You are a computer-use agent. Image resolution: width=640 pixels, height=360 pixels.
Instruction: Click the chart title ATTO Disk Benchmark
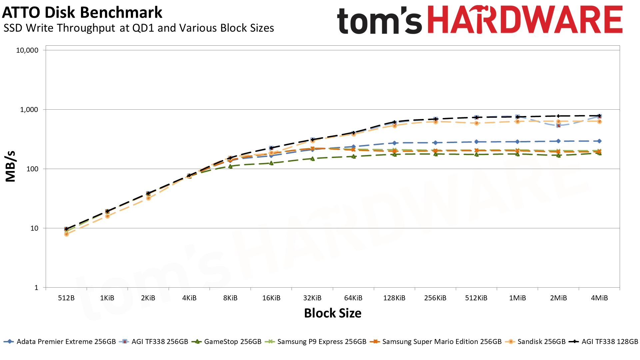coord(82,13)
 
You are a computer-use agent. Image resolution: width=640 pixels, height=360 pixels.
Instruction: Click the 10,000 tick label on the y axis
coord(27,50)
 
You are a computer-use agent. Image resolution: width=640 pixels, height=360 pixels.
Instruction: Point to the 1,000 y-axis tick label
coord(29,110)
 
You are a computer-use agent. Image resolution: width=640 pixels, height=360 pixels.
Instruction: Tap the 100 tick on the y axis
coord(32,169)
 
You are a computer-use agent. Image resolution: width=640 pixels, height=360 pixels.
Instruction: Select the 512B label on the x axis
coord(66,298)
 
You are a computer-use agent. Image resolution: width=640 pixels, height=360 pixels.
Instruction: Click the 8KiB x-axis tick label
coord(230,298)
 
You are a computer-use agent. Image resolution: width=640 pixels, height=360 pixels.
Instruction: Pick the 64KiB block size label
coord(353,298)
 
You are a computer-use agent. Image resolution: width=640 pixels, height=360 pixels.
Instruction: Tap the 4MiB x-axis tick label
coord(599,298)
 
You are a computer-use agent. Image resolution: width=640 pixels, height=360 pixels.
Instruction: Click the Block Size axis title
coord(332,313)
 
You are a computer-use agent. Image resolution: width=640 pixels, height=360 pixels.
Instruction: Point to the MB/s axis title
coord(11,166)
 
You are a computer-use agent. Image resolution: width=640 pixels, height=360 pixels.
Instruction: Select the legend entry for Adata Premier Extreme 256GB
coord(66,342)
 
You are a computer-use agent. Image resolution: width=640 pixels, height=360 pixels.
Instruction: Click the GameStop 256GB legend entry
coord(233,342)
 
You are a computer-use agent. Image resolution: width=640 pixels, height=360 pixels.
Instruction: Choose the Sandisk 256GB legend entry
coord(541,342)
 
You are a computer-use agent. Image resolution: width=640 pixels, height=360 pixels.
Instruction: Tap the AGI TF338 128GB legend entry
coord(610,342)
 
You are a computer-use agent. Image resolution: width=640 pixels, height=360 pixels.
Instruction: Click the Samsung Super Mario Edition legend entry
coord(442,342)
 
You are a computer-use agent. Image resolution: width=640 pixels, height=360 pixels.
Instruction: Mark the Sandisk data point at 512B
coord(66,234)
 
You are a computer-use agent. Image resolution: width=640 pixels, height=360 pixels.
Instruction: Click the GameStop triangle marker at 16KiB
coord(271,163)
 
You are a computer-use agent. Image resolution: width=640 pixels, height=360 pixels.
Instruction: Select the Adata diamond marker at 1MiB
coord(517,142)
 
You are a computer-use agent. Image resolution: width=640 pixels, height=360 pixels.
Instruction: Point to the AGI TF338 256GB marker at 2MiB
coord(558,126)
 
